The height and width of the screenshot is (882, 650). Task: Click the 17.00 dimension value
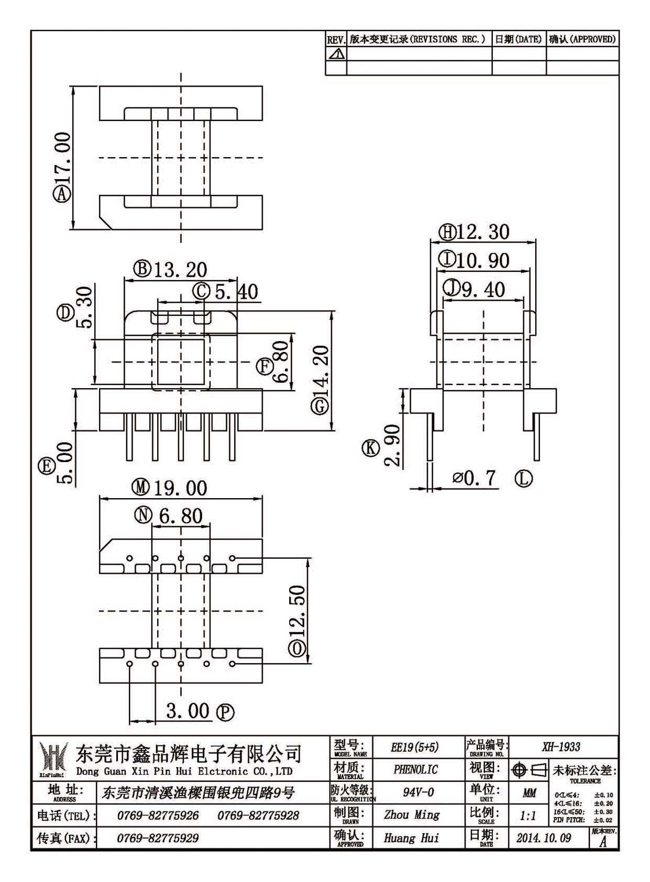pyautogui.click(x=63, y=158)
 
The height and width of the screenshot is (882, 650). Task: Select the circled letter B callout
pyautogui.click(x=142, y=269)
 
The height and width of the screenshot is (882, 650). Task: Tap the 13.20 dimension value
pyautogui.click(x=180, y=270)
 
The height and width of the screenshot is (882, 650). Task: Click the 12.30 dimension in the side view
pyautogui.click(x=483, y=233)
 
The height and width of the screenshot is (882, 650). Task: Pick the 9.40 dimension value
pyautogui.click(x=483, y=290)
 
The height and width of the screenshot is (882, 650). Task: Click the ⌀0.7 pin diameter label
pyautogui.click(x=473, y=478)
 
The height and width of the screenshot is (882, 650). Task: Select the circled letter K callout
pyautogui.click(x=370, y=448)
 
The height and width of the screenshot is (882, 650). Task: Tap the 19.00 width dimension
pyautogui.click(x=180, y=488)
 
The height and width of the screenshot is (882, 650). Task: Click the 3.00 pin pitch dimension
pyautogui.click(x=188, y=711)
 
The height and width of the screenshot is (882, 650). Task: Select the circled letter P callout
pyautogui.click(x=226, y=712)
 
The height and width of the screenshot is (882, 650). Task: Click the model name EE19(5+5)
pyautogui.click(x=415, y=747)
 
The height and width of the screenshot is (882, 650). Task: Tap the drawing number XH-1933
pyautogui.click(x=561, y=747)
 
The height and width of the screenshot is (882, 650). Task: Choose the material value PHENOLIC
pyautogui.click(x=416, y=769)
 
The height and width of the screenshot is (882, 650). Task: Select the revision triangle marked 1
pyautogui.click(x=337, y=54)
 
